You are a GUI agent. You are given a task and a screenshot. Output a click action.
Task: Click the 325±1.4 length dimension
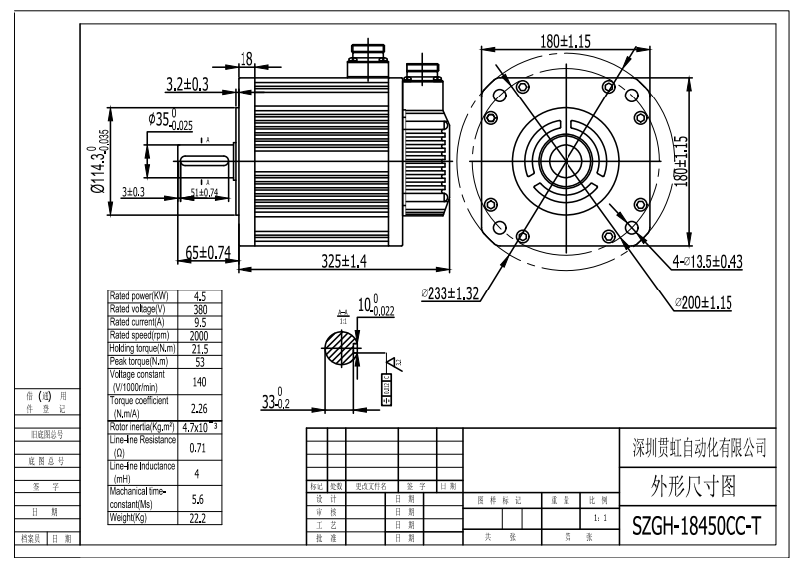tap(344, 261)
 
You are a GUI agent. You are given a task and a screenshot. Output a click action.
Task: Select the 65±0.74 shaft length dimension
tap(208, 253)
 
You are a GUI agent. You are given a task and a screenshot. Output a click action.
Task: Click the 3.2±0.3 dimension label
tap(187, 85)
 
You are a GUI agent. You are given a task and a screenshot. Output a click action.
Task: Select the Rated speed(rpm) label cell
tap(141, 334)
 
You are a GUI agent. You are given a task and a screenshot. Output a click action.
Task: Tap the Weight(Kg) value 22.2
tap(198, 519)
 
